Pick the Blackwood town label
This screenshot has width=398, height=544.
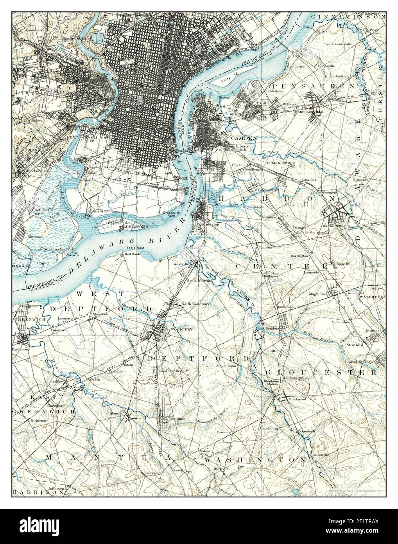click(297, 399)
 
